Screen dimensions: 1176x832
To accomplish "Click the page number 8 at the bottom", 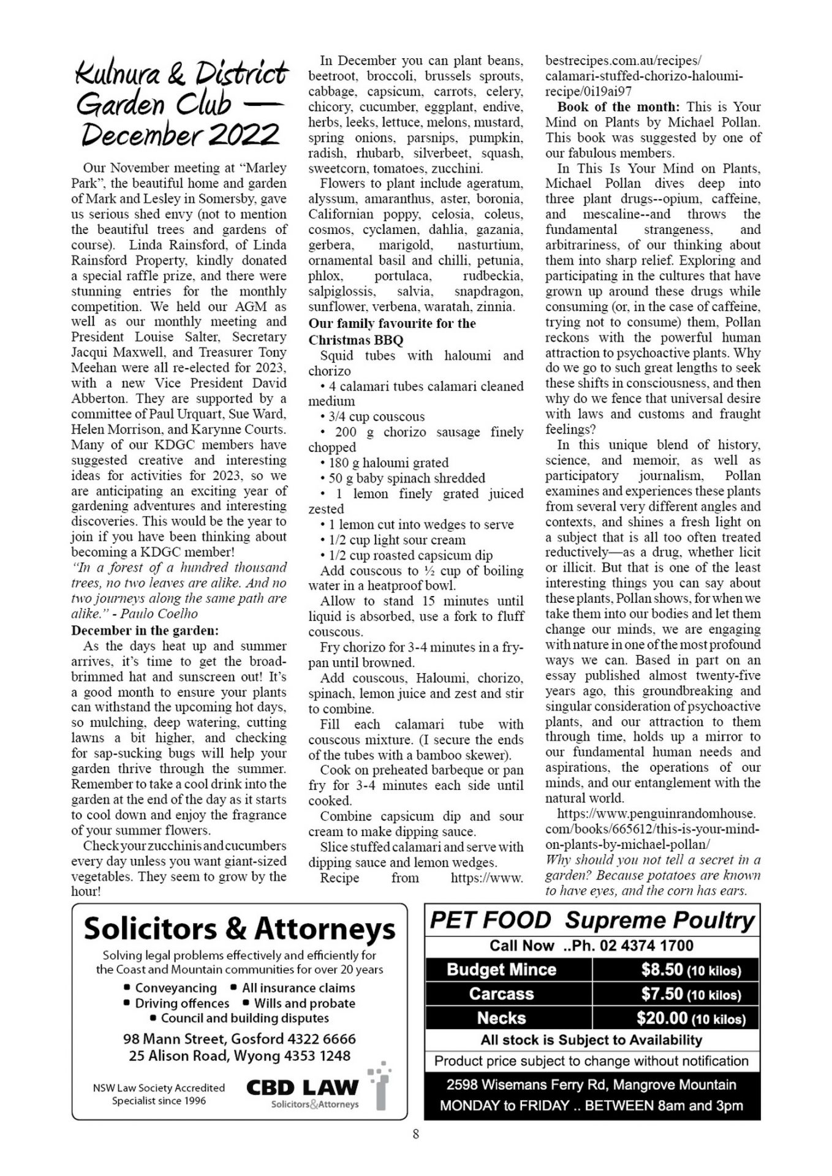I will pos(416,1134).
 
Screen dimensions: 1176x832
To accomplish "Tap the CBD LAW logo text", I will pos(302,1088).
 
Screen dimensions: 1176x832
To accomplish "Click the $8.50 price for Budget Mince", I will pos(690,970).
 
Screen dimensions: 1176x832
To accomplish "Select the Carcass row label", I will pos(501,994).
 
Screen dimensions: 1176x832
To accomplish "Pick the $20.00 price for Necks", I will pos(690,1019).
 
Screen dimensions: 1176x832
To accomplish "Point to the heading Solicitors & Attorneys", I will pos(240,929).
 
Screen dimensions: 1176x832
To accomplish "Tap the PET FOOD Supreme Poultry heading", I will pos(592,921).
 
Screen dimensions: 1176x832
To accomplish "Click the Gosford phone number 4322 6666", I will pos(322,1039).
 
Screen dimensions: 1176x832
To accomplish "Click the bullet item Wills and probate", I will pos(304,1003).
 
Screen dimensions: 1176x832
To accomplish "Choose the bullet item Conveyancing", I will pos(176,988).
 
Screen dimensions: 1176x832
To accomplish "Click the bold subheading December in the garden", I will pos(145,630).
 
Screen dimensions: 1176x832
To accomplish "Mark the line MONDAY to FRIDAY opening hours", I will pos(591,1106).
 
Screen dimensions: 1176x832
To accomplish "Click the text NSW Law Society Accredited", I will pos(159,1088).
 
